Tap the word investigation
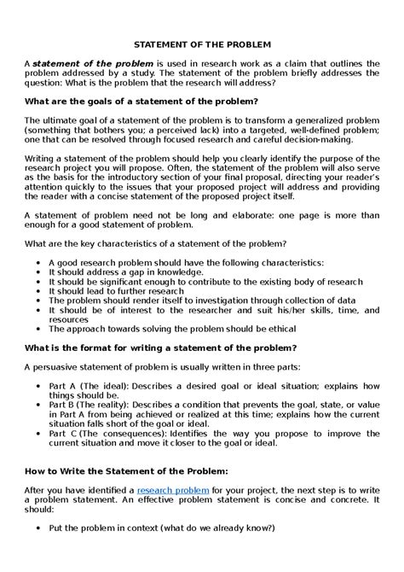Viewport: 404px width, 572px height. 216,301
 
